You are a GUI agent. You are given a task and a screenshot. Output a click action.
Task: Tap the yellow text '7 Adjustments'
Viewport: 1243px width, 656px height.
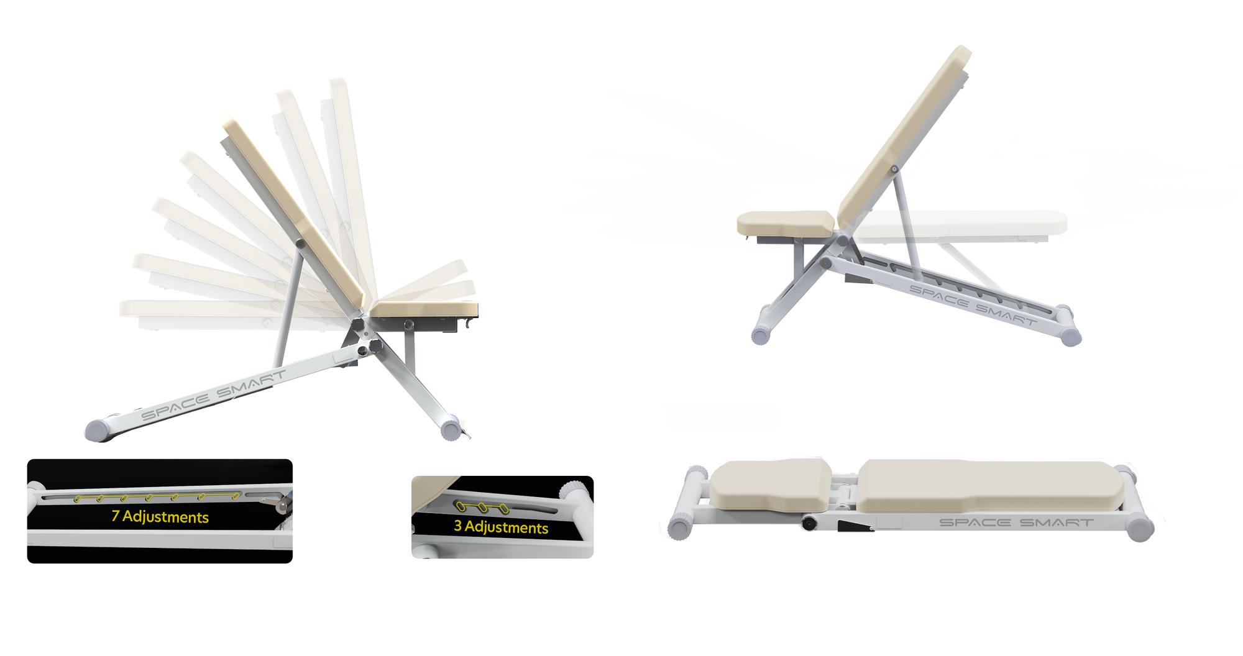click(160, 517)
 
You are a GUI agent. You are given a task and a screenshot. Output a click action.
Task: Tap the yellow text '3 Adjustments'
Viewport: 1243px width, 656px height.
click(501, 527)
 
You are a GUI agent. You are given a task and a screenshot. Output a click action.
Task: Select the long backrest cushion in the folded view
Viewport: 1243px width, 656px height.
click(988, 485)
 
